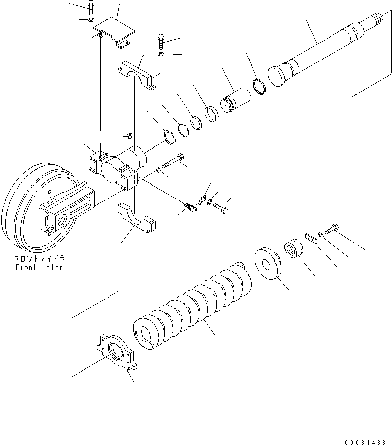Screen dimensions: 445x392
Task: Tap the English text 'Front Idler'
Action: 39,267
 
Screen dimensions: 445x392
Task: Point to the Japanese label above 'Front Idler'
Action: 39,258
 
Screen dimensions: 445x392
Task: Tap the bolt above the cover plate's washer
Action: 90,7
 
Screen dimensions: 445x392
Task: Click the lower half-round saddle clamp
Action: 136,217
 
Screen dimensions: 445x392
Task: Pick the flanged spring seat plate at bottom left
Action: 118,352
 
